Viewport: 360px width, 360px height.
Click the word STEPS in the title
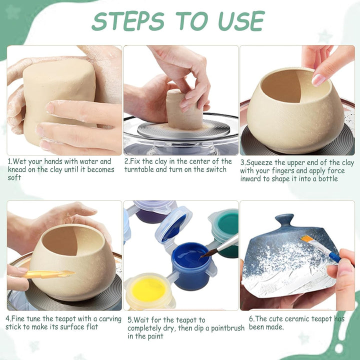tap(128, 21)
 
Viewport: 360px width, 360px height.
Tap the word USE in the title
tap(241, 21)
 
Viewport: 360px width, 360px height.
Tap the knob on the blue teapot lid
tap(284, 221)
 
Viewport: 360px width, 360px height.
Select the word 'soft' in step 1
tap(14, 177)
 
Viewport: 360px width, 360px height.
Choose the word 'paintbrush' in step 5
tap(228, 328)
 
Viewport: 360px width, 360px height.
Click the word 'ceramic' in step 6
tap(301, 318)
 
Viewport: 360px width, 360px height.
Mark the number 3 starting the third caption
tap(242, 163)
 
